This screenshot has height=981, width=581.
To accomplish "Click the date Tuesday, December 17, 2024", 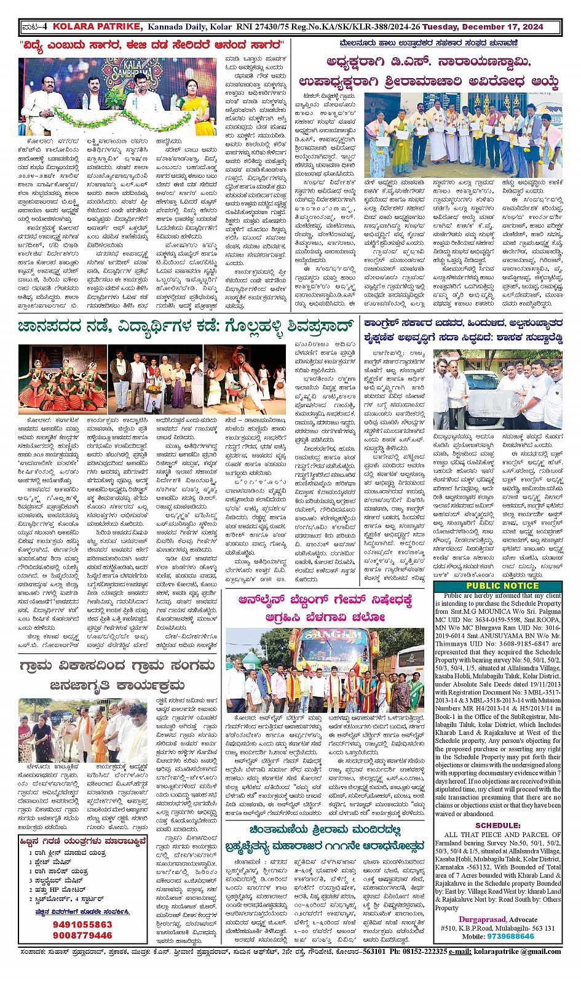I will (491, 26).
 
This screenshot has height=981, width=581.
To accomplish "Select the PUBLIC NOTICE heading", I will (498, 586).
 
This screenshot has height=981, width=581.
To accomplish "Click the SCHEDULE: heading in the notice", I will (498, 825).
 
